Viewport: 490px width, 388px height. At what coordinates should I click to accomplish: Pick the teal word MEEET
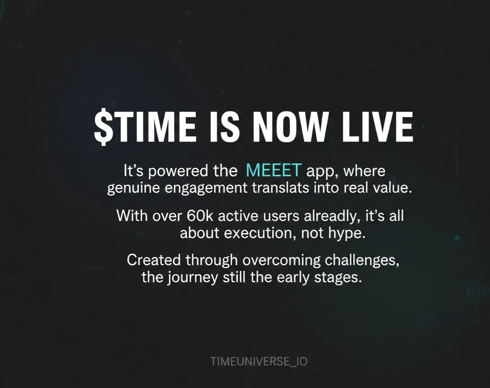point(273,170)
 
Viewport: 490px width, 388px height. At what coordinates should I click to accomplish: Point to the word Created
point(154,260)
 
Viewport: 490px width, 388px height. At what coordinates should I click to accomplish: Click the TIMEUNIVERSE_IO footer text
point(259,362)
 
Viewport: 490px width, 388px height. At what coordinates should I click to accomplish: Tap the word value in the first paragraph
point(393,188)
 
